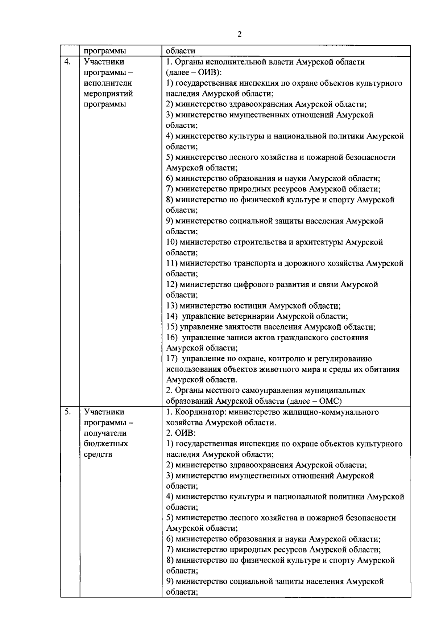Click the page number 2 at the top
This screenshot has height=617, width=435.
point(239,34)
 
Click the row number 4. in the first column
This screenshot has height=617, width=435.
point(67,62)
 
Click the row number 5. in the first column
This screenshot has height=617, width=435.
point(67,412)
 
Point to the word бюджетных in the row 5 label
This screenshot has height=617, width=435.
point(105,444)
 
